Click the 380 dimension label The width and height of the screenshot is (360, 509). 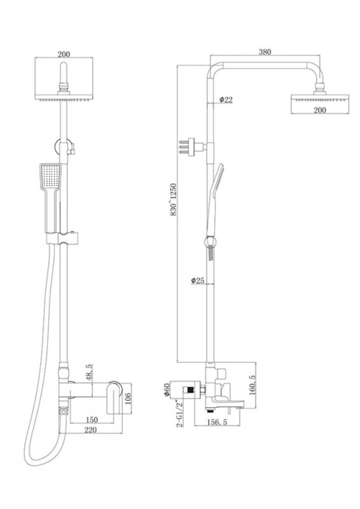coord(265,51)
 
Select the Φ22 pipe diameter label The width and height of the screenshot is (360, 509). coord(226,100)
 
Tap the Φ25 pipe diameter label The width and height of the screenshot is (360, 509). coord(198,281)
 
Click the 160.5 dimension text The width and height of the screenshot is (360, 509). coord(252,385)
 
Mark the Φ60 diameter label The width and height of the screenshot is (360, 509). coord(167,390)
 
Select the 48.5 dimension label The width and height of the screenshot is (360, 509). coord(89,372)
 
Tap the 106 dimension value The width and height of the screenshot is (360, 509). coord(127,399)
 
